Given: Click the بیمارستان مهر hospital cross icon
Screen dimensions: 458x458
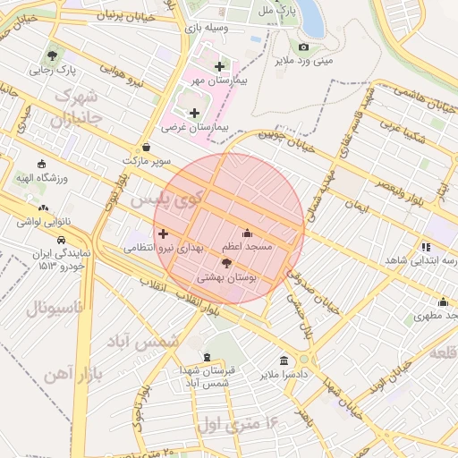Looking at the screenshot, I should coord(219,66).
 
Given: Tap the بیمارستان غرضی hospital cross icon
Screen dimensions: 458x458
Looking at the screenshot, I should coord(194,113).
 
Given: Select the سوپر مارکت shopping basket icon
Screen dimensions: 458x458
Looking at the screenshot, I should coord(146,148).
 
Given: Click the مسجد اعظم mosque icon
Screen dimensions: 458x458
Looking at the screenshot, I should coord(248,233).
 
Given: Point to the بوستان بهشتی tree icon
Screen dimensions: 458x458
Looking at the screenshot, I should coord(225,263).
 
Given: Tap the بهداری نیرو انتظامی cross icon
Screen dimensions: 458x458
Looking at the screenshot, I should coord(162,233).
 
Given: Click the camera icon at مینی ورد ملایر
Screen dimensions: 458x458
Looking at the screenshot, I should coord(304,47).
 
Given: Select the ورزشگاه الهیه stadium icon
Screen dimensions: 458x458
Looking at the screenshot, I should coord(40,164).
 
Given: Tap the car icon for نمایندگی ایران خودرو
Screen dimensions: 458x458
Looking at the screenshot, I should coord(60,241).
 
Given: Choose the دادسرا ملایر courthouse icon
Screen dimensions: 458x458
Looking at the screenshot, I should coord(284,360).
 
